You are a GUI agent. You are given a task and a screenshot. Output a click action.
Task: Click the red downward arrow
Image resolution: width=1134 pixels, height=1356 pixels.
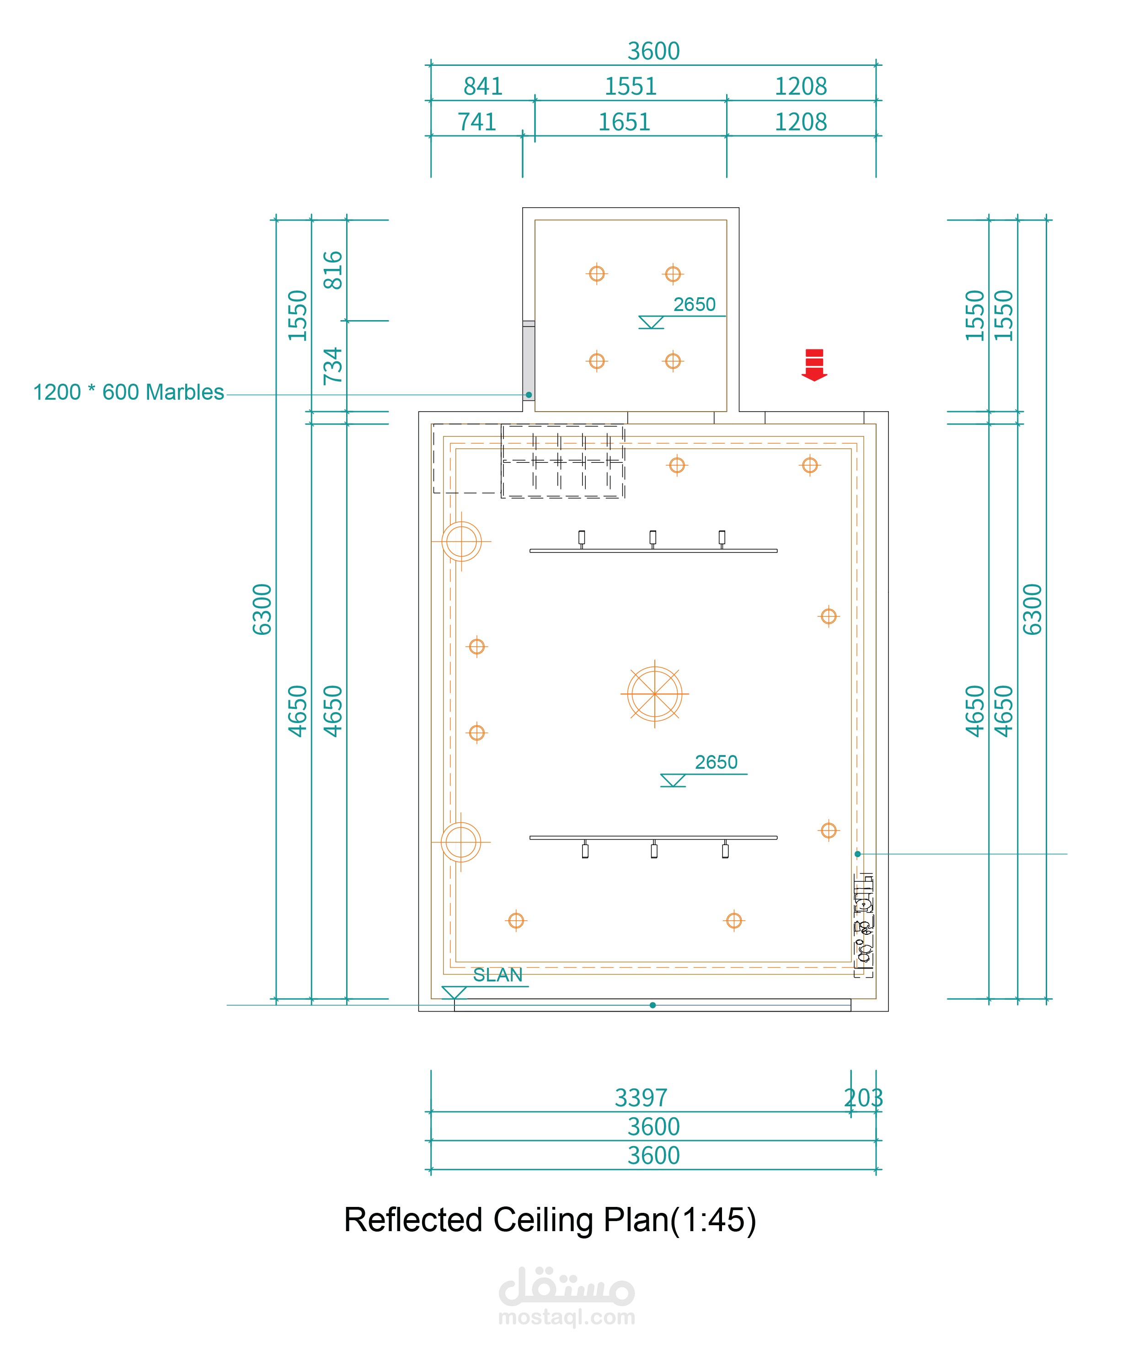click(x=814, y=365)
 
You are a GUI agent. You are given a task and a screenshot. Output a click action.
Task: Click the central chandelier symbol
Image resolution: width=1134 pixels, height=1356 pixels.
click(x=655, y=694)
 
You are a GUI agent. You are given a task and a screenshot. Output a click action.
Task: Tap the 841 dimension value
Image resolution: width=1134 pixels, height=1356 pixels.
click(x=483, y=86)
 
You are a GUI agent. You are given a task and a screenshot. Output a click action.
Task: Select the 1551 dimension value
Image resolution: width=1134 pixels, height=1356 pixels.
click(x=630, y=86)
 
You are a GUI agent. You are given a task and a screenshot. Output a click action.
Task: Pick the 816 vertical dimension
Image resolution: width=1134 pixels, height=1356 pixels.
click(x=332, y=270)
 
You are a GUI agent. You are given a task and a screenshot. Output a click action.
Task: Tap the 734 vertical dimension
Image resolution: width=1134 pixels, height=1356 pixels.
click(x=332, y=365)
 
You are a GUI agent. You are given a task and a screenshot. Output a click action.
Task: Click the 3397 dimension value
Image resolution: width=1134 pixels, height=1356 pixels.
click(x=641, y=1098)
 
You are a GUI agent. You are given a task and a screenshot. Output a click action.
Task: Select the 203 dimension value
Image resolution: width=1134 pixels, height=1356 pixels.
click(x=863, y=1098)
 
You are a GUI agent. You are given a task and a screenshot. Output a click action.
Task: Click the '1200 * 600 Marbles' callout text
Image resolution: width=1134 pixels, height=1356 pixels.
click(x=128, y=392)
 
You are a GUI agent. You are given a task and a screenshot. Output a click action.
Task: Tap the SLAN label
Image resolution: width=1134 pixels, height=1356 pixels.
click(x=497, y=975)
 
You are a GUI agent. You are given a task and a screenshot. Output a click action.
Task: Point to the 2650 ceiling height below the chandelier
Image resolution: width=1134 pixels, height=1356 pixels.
click(x=716, y=762)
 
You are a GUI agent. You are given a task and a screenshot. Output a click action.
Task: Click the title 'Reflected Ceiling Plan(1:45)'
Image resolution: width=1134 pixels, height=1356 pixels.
click(x=550, y=1220)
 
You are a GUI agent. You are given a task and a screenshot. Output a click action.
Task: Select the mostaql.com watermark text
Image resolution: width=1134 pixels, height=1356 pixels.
click(x=567, y=1317)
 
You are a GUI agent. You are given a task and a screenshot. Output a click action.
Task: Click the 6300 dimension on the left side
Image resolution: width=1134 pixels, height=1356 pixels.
click(x=262, y=610)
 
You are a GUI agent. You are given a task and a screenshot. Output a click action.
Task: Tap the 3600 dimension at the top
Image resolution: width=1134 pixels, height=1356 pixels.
click(x=653, y=51)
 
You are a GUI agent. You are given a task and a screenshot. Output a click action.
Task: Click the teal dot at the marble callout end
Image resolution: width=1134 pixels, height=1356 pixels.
click(x=529, y=395)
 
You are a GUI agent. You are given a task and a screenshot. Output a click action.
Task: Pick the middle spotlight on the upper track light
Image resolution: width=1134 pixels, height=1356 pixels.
click(x=653, y=537)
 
